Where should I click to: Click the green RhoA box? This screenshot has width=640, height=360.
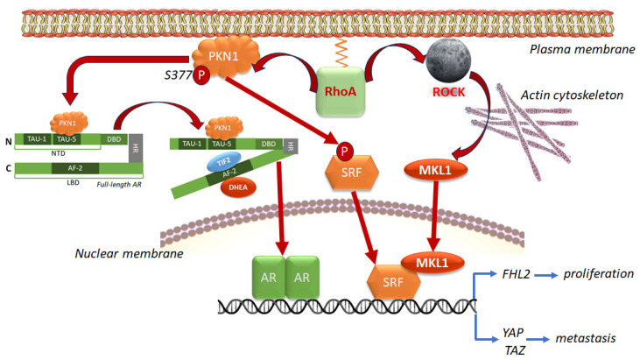[x=341, y=91]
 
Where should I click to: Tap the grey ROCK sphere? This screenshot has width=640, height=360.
[x=448, y=61]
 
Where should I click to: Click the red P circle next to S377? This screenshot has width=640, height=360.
[x=200, y=75]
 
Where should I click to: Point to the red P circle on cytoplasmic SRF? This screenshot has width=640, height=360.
[x=344, y=152]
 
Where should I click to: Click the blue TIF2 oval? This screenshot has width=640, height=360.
[x=223, y=162]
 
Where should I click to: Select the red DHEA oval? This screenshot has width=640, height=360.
[x=238, y=187]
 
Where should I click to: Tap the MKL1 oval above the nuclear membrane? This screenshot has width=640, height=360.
[x=435, y=170]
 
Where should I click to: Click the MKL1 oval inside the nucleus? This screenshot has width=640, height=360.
[x=433, y=263]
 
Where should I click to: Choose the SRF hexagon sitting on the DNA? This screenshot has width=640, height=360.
[x=393, y=282]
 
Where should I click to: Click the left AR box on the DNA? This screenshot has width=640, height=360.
[x=269, y=277]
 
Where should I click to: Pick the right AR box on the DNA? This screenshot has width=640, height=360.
[x=302, y=277]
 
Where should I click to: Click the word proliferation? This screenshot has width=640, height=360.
[x=598, y=274]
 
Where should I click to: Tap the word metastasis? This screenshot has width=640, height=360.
[x=586, y=338]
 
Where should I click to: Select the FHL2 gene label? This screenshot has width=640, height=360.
[x=516, y=274]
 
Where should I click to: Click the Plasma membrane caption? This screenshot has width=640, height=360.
[x=582, y=49]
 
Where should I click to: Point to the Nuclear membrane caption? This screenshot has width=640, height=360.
[x=129, y=253]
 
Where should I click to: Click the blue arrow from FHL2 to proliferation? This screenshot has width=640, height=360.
[x=546, y=276]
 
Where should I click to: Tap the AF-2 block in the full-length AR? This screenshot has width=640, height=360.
[x=75, y=168]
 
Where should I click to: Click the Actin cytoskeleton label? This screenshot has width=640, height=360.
[x=572, y=95]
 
